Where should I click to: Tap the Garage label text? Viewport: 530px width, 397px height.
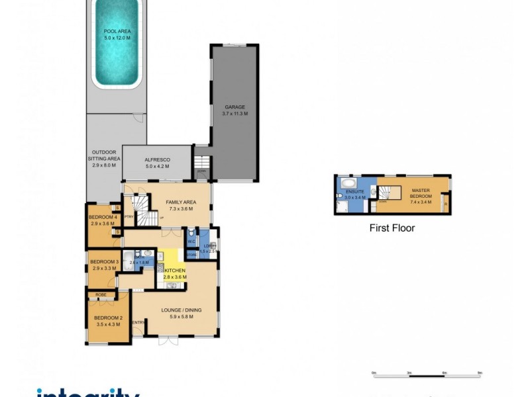coord(235,110)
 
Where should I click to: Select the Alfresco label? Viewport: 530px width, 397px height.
coord(158,163)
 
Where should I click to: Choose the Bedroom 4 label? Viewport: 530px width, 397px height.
coord(103,220)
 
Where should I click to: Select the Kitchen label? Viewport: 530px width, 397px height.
coord(175,274)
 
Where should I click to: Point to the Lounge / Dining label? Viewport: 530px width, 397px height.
coord(181,313)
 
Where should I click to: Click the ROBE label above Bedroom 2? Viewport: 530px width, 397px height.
coord(101,294)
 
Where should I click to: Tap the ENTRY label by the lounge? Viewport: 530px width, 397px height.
coord(139,322)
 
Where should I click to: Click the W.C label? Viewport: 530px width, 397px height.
coord(191,241)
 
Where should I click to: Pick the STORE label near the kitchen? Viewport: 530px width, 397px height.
coord(192,253)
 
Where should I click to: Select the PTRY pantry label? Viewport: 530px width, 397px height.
coord(129,216)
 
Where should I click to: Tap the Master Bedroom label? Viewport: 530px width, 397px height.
coord(421,195)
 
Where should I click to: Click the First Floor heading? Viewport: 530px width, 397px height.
coord(392,228)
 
